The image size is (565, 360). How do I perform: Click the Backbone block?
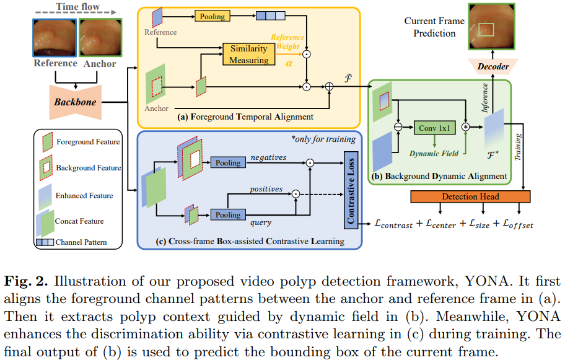pos(76,102)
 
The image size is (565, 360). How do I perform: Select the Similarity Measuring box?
pos(248,55)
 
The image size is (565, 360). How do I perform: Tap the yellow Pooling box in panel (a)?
pos(212,16)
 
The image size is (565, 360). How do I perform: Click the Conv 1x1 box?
pos(434,128)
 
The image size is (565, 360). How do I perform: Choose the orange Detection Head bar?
pos(470,196)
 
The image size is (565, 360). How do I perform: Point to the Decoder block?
pos(493,67)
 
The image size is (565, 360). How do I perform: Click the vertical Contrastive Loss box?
pos(351,190)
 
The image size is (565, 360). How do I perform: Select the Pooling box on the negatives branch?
pos(228,162)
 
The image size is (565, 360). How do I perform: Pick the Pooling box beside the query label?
pos(228,215)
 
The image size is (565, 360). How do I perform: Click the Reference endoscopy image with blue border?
pos(55,38)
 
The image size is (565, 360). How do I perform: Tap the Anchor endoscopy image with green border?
pos(100,38)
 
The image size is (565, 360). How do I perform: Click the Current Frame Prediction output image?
pos(491,27)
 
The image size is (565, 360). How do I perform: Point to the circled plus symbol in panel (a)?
pos(329,87)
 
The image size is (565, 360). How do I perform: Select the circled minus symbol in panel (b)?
pos(398,127)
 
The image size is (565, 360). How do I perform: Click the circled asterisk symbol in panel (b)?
pos(466,127)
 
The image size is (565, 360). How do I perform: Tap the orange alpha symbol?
pos(289,64)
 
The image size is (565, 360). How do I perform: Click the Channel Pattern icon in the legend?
pos(45,242)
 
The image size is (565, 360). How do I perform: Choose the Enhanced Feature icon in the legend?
pos(45,197)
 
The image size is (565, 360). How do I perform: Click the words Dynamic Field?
pos(434,154)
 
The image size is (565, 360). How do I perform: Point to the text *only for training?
pos(323,139)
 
